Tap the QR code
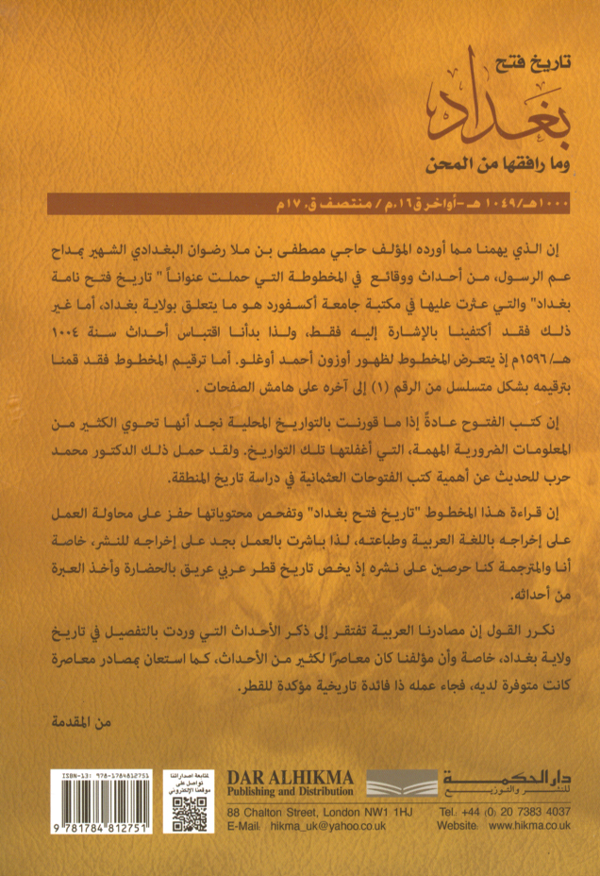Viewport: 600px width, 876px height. tap(188, 816)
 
